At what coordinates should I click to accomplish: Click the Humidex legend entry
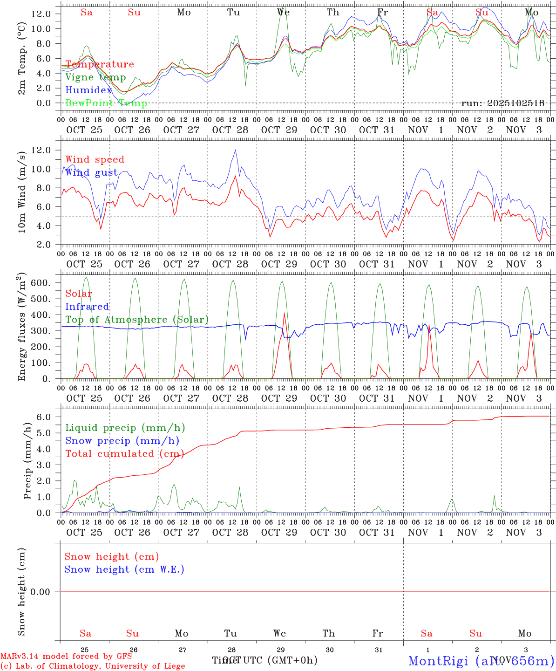pyautogui.click(x=88, y=90)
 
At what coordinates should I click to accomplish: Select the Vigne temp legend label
pyautogui.click(x=95, y=77)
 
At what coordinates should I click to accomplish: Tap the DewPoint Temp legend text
pyautogui.click(x=106, y=103)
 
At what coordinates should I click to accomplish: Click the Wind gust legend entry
pyautogui.click(x=91, y=172)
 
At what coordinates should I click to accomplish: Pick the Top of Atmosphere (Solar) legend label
pyautogui.click(x=137, y=320)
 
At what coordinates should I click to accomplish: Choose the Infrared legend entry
pyautogui.click(x=87, y=307)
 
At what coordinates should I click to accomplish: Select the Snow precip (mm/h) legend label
pyautogui.click(x=122, y=441)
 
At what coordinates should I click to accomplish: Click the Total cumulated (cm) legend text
pyautogui.click(x=125, y=454)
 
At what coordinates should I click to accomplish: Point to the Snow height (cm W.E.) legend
pyautogui.click(x=124, y=569)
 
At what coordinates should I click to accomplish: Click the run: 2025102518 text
pyautogui.click(x=502, y=103)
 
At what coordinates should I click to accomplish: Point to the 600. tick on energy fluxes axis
pyautogui.click(x=40, y=283)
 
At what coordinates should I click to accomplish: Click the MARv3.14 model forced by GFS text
pyautogui.click(x=66, y=656)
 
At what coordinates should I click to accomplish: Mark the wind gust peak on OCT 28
pyautogui.click(x=236, y=150)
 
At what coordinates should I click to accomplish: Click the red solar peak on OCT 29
pyautogui.click(x=284, y=313)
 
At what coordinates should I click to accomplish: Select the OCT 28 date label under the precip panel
pyautogui.click(x=230, y=533)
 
